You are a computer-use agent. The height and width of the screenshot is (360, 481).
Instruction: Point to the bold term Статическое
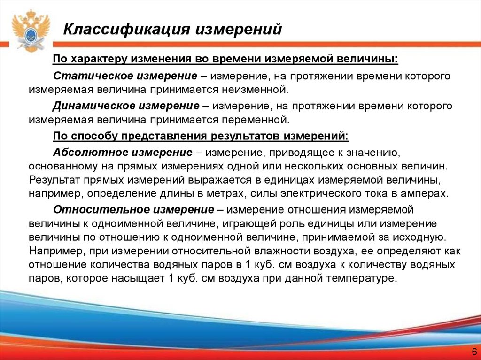coord(82,76)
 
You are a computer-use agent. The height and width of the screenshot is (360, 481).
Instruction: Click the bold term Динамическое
coord(85,106)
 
